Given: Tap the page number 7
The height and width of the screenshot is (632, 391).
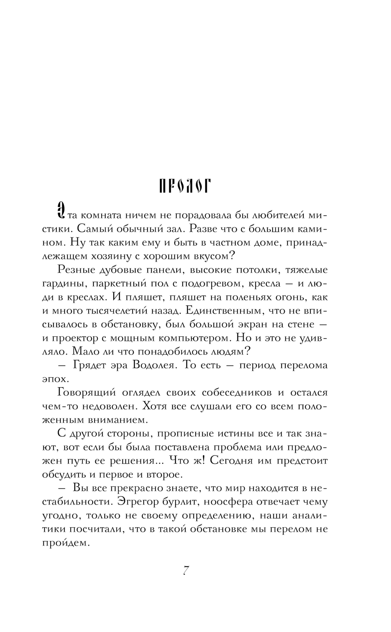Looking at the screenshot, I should tap(186, 571).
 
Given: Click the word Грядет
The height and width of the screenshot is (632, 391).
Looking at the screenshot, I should tap(89, 365).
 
